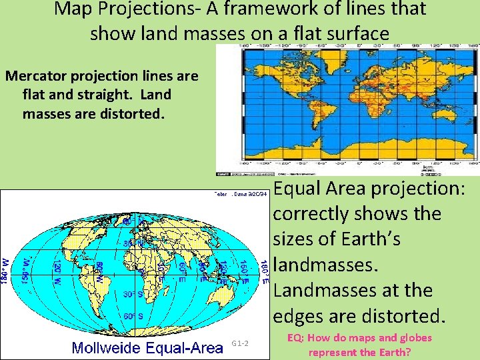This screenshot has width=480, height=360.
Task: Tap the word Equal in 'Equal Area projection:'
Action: tap(300, 189)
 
